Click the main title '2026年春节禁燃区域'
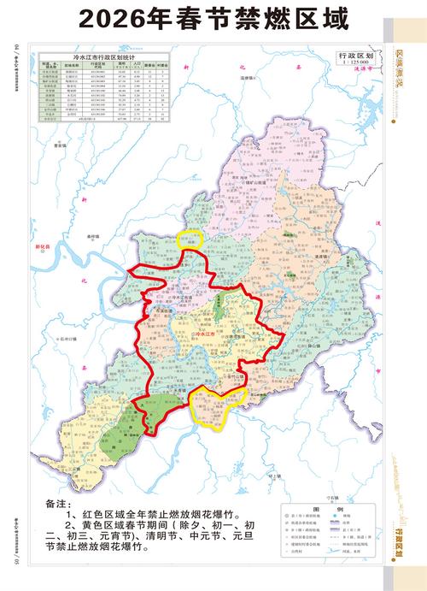pyautogui.click(x=213, y=19)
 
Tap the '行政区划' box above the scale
pyautogui.click(x=357, y=54)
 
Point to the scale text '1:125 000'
pyautogui.click(x=356, y=62)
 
